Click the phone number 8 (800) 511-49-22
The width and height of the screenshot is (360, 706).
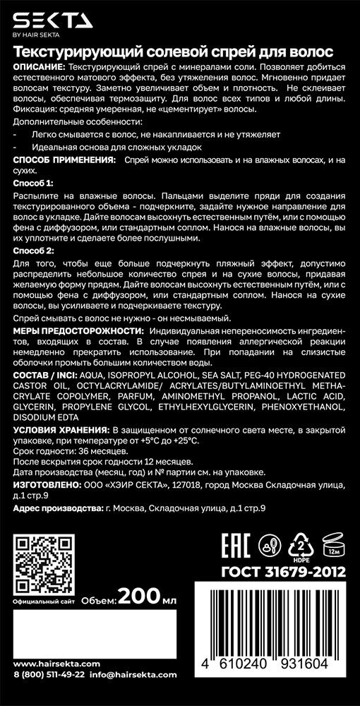point(49,694)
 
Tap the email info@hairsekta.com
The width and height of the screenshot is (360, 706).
point(129,694)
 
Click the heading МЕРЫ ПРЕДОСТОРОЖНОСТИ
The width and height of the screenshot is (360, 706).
point(78,330)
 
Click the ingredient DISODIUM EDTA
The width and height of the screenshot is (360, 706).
point(43,417)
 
